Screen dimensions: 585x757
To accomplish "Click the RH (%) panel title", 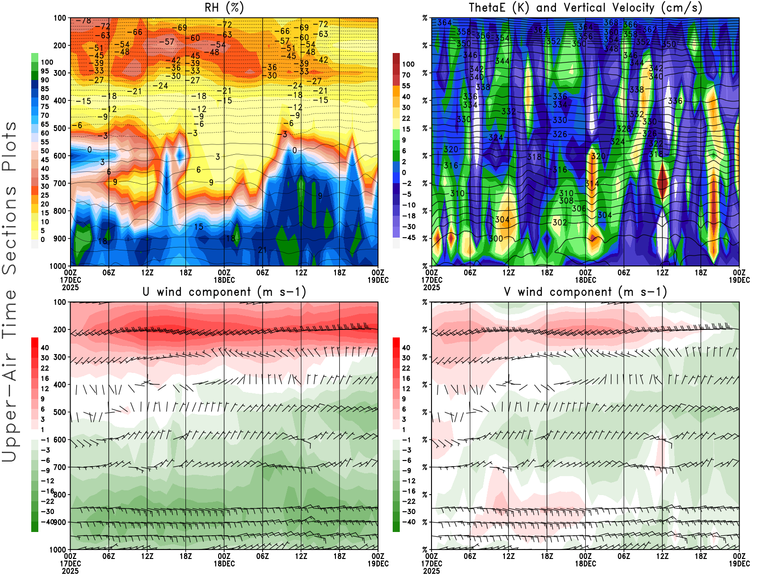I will tap(224, 8).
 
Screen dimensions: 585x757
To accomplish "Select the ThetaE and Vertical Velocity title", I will tap(585, 8).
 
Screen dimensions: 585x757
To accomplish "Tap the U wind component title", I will tap(224, 292).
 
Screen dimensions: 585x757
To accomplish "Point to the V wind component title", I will tap(585, 292).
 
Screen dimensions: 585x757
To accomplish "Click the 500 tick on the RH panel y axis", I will tap(60, 128).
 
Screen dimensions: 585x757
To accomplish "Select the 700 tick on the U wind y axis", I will tap(60, 468).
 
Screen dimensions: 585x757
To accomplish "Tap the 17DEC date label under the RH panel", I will tap(70, 280).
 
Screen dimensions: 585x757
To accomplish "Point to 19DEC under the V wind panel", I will tap(739, 564).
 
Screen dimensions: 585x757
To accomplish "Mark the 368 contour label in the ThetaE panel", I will tap(611, 23).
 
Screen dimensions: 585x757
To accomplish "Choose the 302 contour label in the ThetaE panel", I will tap(560, 222).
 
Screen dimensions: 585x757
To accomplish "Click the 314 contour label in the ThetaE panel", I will tap(592, 184).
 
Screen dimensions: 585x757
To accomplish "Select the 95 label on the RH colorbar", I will tap(44, 71).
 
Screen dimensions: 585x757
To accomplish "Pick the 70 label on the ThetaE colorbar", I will tap(406, 75).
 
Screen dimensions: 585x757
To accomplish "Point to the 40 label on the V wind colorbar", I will tap(406, 348).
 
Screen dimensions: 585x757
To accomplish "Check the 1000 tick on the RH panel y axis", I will tap(58, 266).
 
